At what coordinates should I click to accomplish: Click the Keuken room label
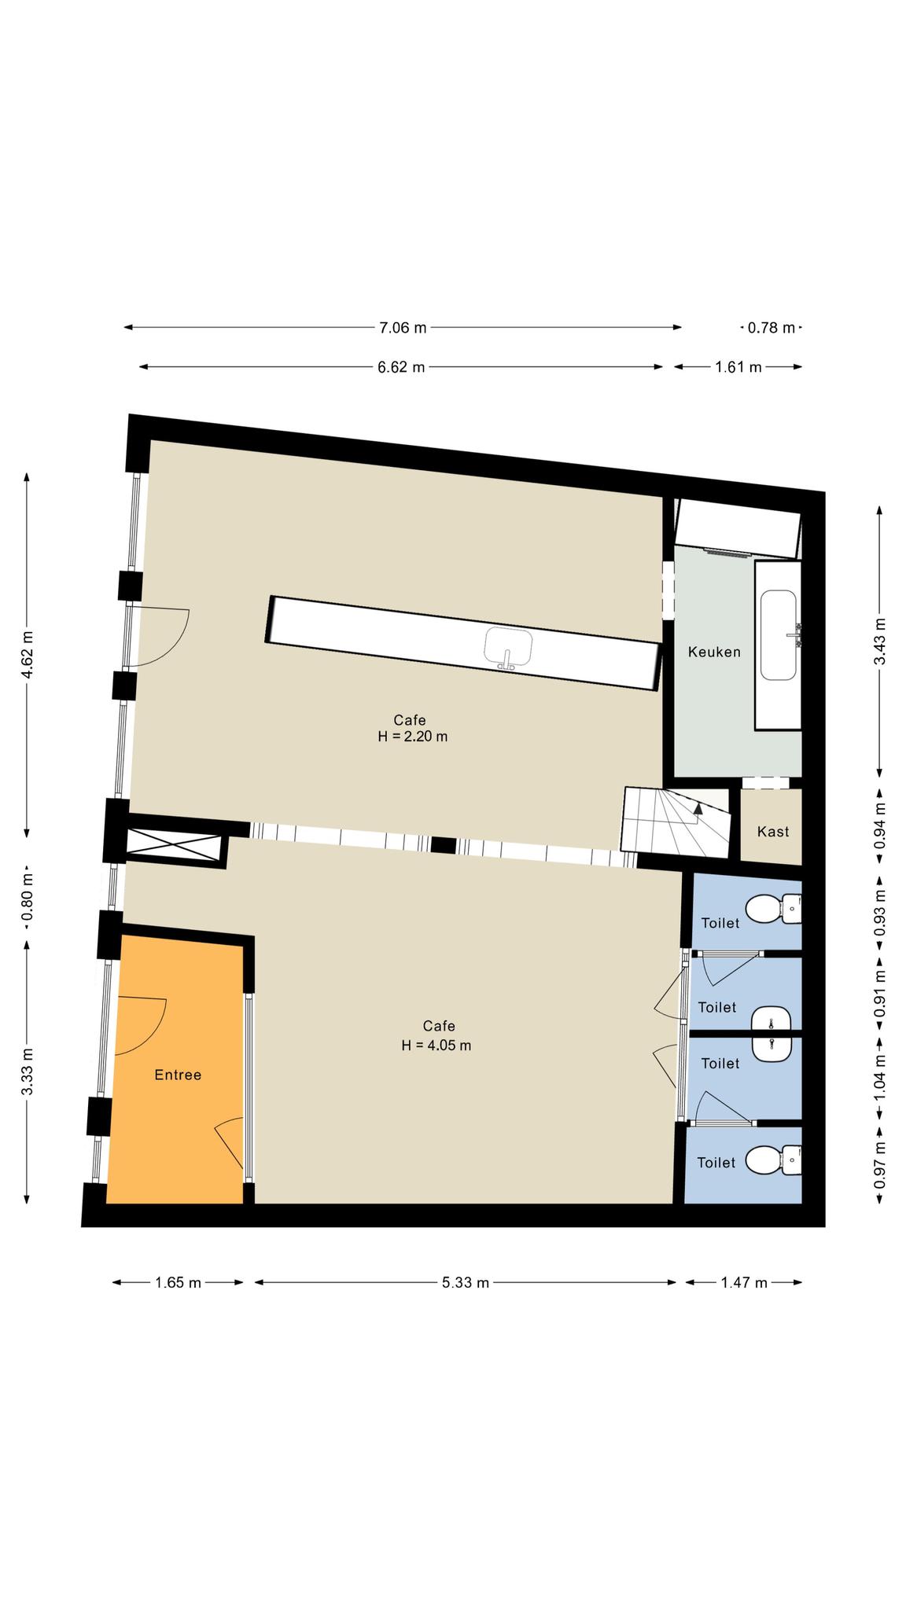pos(714,652)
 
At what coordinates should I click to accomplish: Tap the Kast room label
pos(773,832)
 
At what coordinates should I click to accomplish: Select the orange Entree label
pos(178,1075)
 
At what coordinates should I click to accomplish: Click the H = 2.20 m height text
pos(413,737)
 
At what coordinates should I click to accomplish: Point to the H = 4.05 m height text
pos(436,1046)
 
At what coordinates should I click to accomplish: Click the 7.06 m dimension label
pos(403,328)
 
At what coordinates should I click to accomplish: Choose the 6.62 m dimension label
pos(401,367)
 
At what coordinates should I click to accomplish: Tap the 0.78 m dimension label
pos(772,328)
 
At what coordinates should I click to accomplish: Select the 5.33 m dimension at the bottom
pos(466,1283)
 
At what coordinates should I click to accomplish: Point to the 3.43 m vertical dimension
pos(880,641)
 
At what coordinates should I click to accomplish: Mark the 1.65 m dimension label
pos(178,1283)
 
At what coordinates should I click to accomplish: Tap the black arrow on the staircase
pos(697,810)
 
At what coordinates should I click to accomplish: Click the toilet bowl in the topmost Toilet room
pos(772,910)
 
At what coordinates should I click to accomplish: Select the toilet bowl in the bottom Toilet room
pos(772,1160)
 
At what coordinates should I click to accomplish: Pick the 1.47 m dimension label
pos(744,1283)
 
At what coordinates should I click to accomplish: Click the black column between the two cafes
pos(444,845)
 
